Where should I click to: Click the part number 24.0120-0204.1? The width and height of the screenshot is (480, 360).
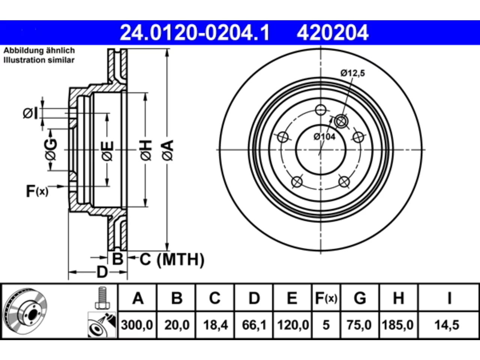[x=195, y=33]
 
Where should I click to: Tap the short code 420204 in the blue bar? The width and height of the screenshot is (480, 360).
[x=332, y=33]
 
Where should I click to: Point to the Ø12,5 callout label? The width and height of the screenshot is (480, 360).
[x=353, y=73]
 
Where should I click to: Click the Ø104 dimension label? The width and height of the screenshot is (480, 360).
[x=324, y=137]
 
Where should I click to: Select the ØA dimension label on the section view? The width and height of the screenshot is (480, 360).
[x=168, y=150]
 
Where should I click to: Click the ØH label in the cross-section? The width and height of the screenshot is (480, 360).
[x=146, y=150]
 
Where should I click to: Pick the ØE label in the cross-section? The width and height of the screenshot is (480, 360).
[x=108, y=151]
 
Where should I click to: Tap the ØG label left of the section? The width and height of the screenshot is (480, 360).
[x=51, y=149]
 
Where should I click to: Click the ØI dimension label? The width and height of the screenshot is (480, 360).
[x=30, y=113]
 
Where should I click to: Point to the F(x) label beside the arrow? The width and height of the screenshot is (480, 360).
[x=37, y=191]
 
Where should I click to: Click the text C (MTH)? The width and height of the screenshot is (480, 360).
[x=172, y=259]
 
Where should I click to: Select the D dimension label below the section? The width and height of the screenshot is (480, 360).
[x=102, y=272]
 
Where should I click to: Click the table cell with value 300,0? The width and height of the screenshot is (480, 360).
[x=137, y=325]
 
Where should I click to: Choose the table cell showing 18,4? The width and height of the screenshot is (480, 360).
[x=215, y=325]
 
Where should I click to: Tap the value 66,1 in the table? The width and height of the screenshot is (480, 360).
[x=254, y=325]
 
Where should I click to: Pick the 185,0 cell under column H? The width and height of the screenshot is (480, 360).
[x=398, y=325]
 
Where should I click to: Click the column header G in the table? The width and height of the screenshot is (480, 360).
[x=360, y=298]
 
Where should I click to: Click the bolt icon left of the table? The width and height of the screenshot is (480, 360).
[x=102, y=298]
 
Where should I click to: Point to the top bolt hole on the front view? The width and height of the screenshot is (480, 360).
[x=321, y=110]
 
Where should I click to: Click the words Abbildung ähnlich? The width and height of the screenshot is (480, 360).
[x=39, y=51]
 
